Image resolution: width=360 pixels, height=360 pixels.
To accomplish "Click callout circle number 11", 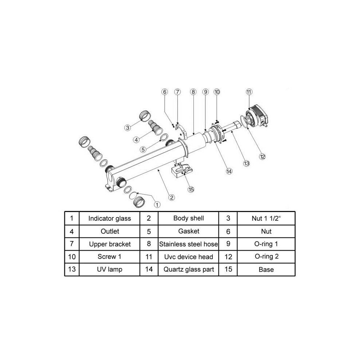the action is coord(249,92).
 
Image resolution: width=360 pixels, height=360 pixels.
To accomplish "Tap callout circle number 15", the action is coord(191,189).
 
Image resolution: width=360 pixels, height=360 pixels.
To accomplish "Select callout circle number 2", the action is coord(172,197).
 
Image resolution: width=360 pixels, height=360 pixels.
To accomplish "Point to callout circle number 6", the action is coord(165,92).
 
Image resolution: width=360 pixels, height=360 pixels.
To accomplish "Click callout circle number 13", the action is coord(246,164).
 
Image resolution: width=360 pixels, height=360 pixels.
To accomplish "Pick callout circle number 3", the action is coord(128,128).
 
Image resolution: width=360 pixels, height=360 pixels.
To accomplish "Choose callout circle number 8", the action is coord(193,92).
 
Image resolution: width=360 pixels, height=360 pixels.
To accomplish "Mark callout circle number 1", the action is coord(157,205).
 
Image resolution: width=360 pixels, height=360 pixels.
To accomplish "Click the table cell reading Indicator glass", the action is coord(109,218).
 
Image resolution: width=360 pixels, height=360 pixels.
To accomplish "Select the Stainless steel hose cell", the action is coord(188,244).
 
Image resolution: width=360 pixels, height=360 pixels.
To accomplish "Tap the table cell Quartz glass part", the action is coord(188,269).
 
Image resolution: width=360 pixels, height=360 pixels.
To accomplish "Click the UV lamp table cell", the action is coord(109,269).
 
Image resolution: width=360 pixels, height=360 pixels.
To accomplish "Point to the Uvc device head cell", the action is coord(188,257).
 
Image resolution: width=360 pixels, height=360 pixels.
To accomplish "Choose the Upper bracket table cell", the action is coord(109,244).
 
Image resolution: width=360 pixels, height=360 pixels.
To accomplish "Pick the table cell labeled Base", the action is coord(266,269).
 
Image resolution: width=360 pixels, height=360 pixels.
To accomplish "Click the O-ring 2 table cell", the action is coord(266,257).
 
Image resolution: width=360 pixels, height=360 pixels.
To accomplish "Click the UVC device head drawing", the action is coord(257,116).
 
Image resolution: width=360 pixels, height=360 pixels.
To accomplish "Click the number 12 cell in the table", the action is coord(228,257).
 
